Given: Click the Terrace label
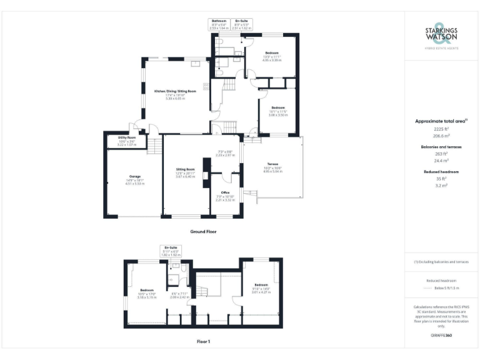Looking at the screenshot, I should point(273,167).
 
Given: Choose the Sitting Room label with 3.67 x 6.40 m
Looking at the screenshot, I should point(186,172).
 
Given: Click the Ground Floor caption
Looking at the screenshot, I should point(203,231).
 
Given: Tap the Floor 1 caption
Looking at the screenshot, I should point(203,341).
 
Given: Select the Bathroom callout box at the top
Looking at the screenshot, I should point(219,24).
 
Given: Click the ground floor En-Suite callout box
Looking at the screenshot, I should point(241,24).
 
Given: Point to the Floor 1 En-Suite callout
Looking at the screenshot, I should point(171,251).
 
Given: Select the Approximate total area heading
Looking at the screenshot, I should point(441,121).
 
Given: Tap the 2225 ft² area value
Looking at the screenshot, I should point(441,129).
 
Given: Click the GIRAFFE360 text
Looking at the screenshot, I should point(441,336).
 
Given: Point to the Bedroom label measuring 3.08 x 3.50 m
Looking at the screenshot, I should point(277,111).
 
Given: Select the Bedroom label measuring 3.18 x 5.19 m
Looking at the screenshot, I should point(147,292).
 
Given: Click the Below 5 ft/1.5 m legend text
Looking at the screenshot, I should point(447,288).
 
